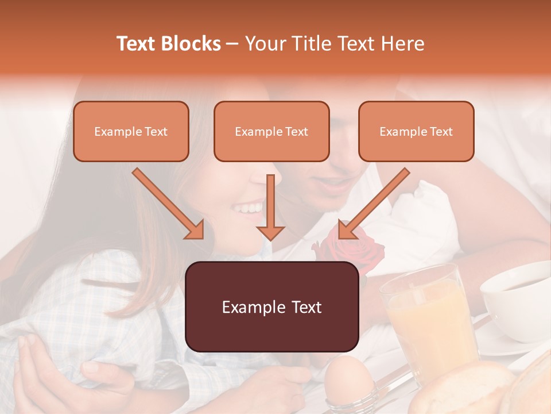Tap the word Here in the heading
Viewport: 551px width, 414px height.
(403, 44)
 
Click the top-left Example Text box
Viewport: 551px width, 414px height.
(131, 132)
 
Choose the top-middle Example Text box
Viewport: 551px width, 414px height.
(271, 132)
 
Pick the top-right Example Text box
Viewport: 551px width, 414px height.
(416, 132)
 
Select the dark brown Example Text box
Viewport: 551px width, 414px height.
(272, 307)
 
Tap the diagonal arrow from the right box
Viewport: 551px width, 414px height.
(374, 204)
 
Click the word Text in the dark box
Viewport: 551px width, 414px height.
(300, 307)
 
